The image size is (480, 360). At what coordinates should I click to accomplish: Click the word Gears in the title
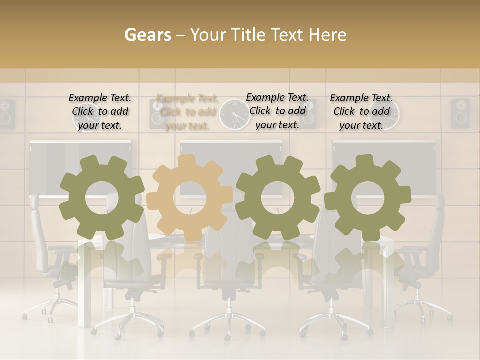[147, 35]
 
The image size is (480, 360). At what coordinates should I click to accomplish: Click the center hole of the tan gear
[190, 197]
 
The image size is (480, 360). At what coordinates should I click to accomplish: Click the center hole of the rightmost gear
[367, 197]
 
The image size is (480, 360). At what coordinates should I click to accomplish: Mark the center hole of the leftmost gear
[102, 197]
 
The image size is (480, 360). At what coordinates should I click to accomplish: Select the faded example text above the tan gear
[187, 112]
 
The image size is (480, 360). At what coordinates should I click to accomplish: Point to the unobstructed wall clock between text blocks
[234, 114]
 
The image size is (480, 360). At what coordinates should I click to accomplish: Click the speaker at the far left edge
[7, 114]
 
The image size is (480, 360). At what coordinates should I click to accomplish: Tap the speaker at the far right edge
[460, 113]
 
